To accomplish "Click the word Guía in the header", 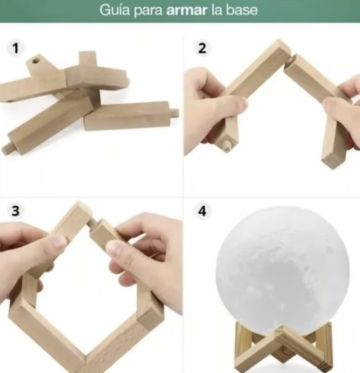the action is [114, 10].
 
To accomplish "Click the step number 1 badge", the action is [16, 48].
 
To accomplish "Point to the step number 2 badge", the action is [202, 48].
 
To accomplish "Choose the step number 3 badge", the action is [16, 211].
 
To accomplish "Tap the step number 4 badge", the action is [202, 211].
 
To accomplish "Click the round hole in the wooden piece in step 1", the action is [36, 61].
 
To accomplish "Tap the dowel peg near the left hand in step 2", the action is [227, 145].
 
